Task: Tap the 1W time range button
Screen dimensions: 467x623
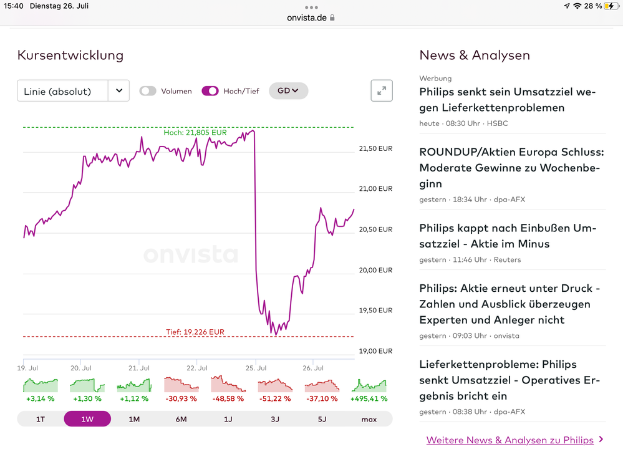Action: coord(87,419)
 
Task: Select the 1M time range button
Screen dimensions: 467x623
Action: coord(134,419)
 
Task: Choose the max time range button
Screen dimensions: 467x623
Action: coord(369,419)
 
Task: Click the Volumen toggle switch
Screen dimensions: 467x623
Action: coord(148,91)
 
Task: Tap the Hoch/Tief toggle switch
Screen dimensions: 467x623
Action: coord(210,91)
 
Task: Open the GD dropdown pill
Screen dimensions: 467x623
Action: coord(288,91)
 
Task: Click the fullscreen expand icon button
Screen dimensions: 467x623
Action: coord(382,91)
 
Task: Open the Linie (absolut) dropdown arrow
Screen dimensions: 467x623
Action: coord(118,91)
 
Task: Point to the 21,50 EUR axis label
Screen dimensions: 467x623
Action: coord(375,148)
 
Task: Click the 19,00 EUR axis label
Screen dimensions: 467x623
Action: coord(375,351)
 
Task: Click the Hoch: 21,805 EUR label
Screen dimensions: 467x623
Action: coord(195,133)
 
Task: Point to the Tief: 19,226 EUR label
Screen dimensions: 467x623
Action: coord(195,332)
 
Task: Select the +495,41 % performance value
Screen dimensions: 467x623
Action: coord(369,398)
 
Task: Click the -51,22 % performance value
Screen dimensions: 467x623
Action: coord(275,398)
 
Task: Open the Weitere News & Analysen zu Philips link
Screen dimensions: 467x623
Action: coord(510,440)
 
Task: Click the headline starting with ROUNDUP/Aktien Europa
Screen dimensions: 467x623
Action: coord(511,168)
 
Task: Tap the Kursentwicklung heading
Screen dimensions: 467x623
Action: coord(70,55)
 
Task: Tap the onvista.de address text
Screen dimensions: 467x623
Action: coord(307,17)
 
